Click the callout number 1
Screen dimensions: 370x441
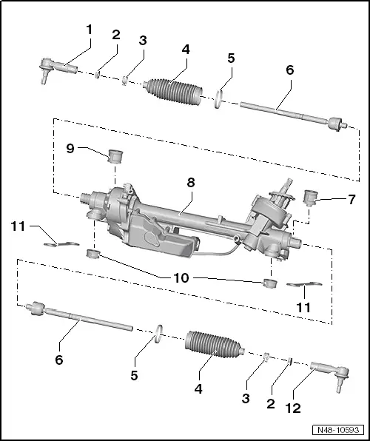click(90, 30)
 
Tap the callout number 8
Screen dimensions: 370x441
click(191, 183)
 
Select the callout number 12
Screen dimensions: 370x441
click(293, 408)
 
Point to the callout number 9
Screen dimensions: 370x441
click(70, 148)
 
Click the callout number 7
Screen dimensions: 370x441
click(351, 199)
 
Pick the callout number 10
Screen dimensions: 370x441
click(181, 278)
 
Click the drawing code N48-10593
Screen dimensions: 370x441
click(338, 430)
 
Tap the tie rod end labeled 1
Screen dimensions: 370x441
click(58, 69)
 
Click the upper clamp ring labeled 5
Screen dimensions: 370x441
click(218, 99)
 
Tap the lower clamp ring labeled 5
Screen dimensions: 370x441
click(159, 334)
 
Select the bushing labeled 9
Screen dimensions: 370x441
click(115, 157)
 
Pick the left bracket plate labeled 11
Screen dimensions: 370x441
click(61, 244)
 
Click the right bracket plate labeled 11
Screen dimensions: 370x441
click(304, 284)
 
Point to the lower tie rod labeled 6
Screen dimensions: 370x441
click(79, 317)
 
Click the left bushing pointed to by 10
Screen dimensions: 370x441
click(93, 254)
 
